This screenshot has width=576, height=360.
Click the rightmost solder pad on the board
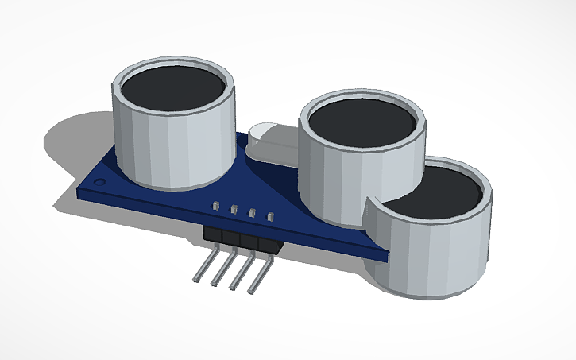click(270, 215)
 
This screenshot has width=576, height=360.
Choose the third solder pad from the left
click(253, 212)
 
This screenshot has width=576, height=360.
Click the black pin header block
click(238, 238)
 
